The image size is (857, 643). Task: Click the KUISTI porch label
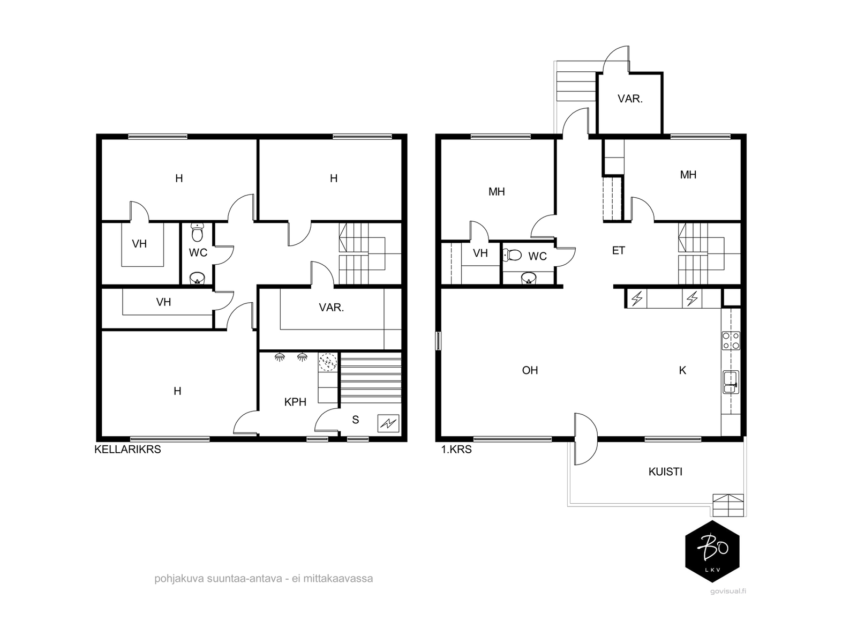pos(665,472)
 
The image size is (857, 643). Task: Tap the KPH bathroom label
pos(295,402)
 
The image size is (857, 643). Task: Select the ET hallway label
pos(619,250)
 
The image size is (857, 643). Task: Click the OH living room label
pos(530,370)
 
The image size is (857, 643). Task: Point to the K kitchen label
pos(682,370)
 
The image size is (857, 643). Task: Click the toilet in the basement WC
pos(198,233)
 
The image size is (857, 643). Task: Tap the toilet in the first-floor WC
pos(513,256)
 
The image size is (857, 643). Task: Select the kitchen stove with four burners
pos(731,340)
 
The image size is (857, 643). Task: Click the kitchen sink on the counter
pos(731,382)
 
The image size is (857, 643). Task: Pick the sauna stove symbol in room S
pos(388,423)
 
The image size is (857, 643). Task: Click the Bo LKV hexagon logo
pos(712,551)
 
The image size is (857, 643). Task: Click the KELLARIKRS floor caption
pos(127,450)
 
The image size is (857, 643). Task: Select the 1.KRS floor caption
pos(456,450)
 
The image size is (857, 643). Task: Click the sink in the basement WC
pos(197,278)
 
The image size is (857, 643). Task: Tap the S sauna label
pos(355,420)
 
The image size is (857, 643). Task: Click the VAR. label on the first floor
pos(630,99)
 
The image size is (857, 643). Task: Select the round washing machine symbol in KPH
pos(328,362)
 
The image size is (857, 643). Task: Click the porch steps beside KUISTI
pos(728,505)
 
